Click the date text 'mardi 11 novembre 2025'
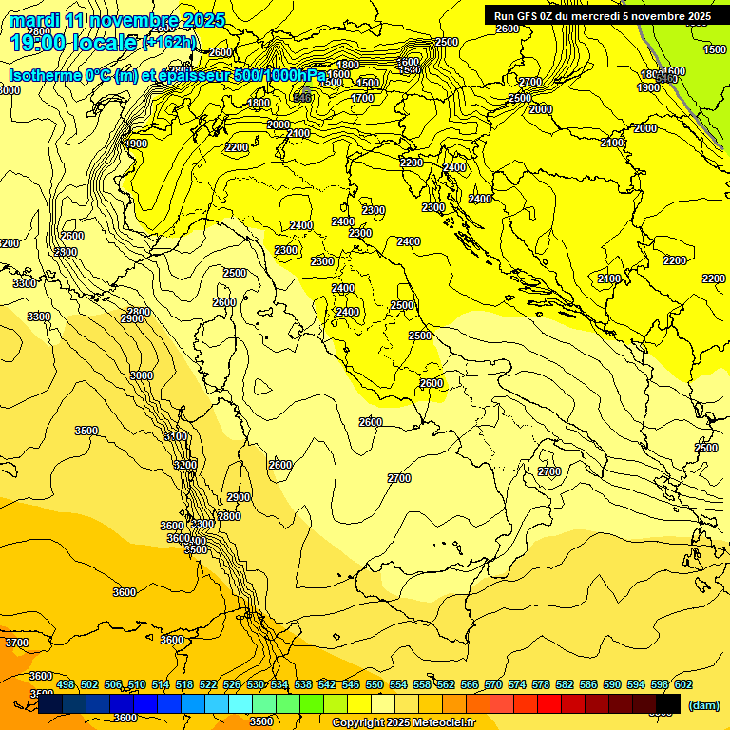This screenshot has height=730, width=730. click(117, 20)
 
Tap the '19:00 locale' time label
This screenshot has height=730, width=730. click(74, 42)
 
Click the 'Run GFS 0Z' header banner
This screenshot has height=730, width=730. click(602, 16)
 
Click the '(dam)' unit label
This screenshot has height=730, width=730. click(703, 705)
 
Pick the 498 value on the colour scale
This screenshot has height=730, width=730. click(66, 685)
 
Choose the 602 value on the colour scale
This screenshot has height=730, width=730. click(683, 685)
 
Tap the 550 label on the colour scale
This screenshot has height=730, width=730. click(375, 685)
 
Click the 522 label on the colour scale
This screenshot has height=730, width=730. click(208, 685)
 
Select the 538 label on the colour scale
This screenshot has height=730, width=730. click(303, 685)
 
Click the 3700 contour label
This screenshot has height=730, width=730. click(16, 644)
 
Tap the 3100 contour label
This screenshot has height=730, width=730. click(175, 436)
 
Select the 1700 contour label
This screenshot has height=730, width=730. click(362, 98)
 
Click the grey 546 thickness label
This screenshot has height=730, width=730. click(302, 97)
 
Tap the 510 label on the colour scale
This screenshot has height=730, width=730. click(137, 685)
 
